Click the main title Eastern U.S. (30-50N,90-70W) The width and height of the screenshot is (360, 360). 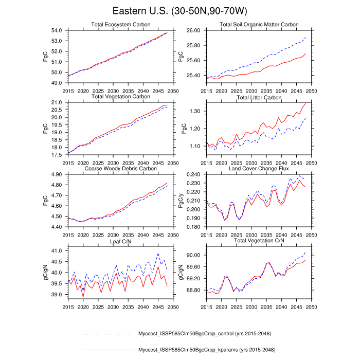180,11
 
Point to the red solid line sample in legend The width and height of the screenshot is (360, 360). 107,350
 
